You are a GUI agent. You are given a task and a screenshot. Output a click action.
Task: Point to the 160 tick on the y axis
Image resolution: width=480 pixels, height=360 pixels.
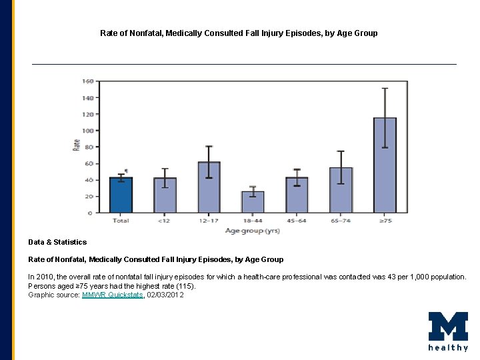pos(87,81)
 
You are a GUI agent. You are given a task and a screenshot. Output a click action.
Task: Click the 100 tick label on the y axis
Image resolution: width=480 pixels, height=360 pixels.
pos(87,131)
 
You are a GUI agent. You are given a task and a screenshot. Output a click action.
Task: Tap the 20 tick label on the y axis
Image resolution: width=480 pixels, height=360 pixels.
pos(88,197)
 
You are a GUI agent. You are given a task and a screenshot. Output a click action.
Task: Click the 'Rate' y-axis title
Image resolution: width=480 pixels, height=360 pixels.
pos(77,145)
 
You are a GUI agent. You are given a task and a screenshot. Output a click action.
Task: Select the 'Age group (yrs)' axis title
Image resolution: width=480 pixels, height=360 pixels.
pos(252,231)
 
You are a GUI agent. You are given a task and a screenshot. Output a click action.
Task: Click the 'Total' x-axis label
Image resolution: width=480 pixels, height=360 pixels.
pos(121,221)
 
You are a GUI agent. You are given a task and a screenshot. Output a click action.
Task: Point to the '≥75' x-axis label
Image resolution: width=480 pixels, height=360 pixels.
pos(385,221)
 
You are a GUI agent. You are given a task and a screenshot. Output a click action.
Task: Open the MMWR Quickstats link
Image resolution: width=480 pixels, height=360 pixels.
pos(113,295)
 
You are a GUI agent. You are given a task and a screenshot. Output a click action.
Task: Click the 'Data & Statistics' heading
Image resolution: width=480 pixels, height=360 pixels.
pos(57,242)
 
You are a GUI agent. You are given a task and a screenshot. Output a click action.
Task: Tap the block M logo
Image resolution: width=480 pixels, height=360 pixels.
pos(448,327)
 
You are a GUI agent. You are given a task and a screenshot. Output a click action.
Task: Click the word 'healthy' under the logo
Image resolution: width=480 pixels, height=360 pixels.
pos(448,348)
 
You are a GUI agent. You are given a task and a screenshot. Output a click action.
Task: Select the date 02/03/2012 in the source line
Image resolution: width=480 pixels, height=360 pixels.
pos(165,295)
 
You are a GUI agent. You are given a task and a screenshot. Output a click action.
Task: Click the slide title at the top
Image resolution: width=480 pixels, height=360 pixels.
pos(239,33)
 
